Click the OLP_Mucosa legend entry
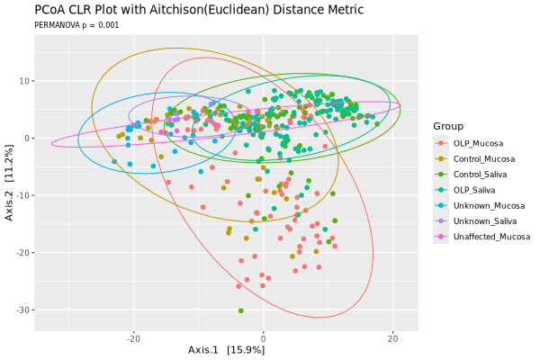pos(478,143)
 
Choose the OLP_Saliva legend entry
pos(475,190)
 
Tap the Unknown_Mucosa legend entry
pos(482,205)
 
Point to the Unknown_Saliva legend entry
pos(481,220)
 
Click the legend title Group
pos(448,125)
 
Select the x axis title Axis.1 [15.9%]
pos(226,349)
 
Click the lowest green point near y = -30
pos(241,310)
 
